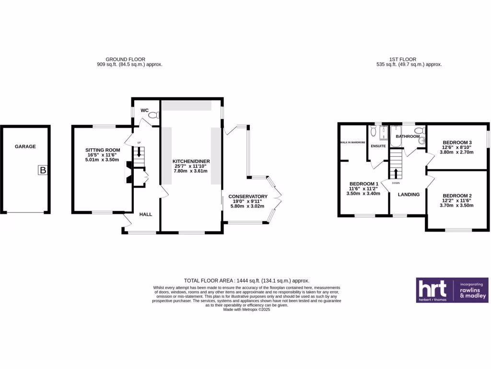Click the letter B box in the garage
[43, 170]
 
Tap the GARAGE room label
[25, 147]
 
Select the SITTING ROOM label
[100, 150]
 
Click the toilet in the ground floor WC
[153, 115]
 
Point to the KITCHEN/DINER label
[192, 161]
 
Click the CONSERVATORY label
[248, 197]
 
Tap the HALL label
[146, 214]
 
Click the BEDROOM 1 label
[364, 184]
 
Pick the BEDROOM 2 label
[457, 196]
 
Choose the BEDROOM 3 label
[457, 143]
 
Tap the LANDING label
[409, 195]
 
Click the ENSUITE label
[378, 146]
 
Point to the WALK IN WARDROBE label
[352, 143]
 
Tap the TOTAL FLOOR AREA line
[247, 281]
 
